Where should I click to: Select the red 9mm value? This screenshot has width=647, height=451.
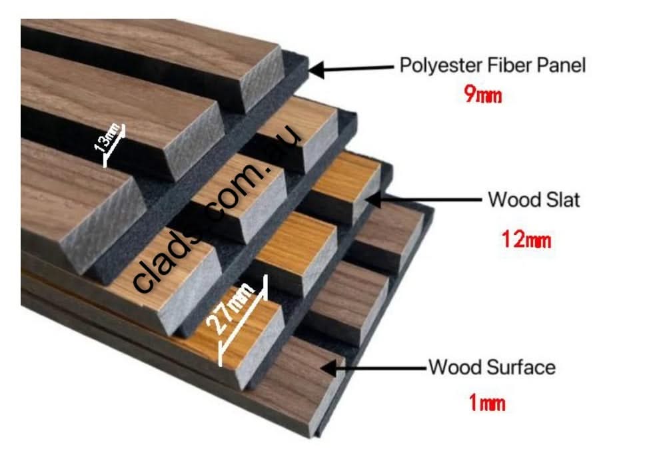[482, 95]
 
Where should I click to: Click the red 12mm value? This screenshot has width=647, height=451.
[526, 240]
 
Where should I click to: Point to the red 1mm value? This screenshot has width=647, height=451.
[486, 403]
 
